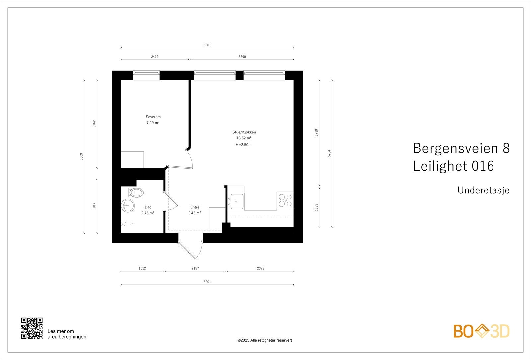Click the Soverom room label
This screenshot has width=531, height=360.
coord(153,117)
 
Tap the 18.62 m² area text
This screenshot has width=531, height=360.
coord(244,138)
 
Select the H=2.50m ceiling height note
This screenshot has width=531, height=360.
coord(244,145)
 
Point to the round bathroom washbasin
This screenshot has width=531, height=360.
coord(128,206)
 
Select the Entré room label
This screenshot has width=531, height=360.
coord(195,207)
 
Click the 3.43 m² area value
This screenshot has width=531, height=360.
coord(195,213)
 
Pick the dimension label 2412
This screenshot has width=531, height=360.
coord(155,57)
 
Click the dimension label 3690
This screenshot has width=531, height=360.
coord(242,57)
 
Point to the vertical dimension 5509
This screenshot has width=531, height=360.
coord(81,157)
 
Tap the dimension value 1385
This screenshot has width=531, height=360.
coord(316,207)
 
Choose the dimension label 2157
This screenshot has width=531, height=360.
coord(195,268)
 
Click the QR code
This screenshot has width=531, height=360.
coord(32,328)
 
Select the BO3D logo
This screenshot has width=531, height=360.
coord(481,331)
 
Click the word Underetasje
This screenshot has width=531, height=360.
coord(483,190)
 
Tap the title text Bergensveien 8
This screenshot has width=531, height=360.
coord(461,148)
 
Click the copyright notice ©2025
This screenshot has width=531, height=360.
coord(265,340)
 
